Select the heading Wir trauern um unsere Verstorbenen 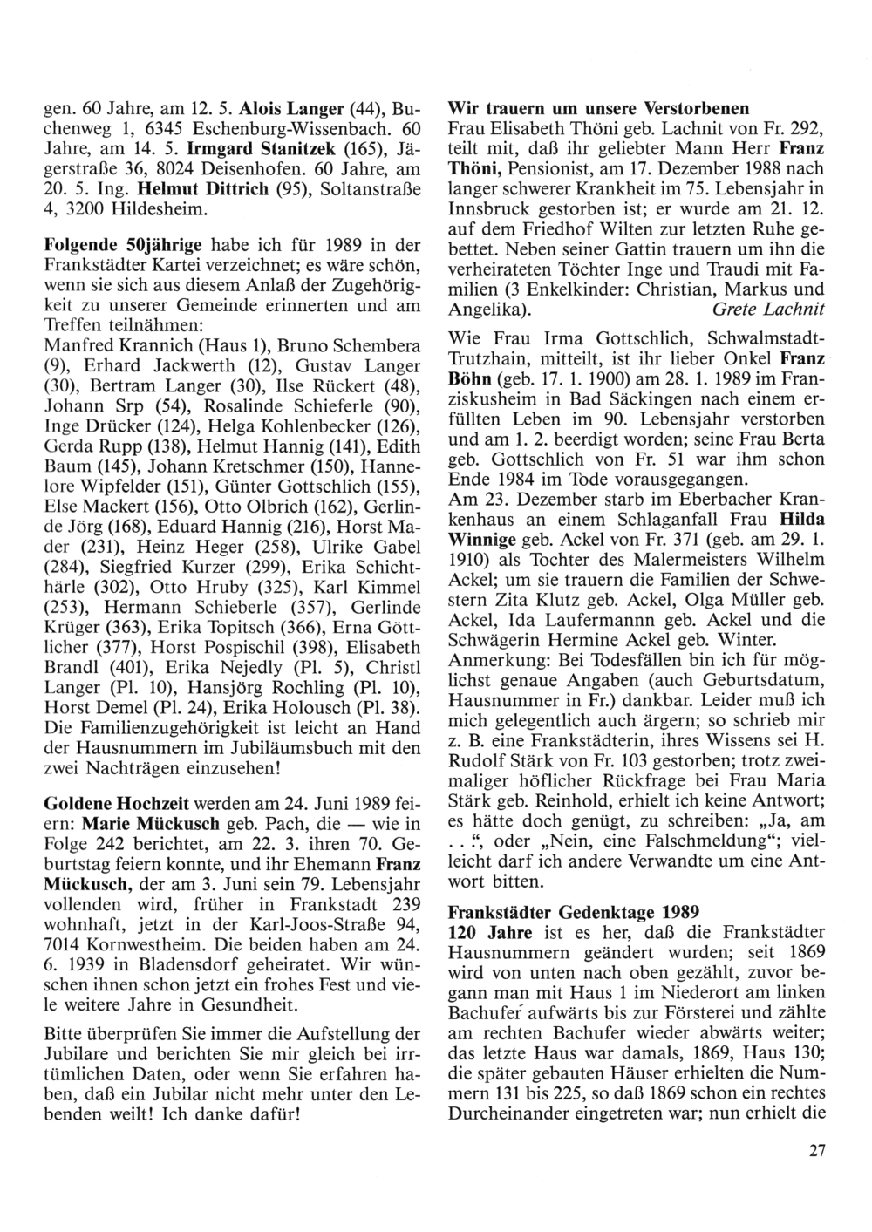pos(598,110)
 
